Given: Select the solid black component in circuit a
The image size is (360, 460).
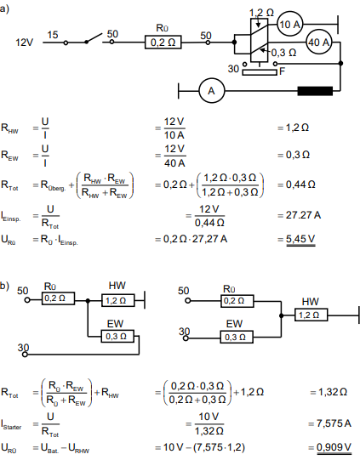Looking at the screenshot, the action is (315, 91).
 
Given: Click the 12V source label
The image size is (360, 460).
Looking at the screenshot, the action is (24, 43).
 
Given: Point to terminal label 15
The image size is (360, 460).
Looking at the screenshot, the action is (53, 35).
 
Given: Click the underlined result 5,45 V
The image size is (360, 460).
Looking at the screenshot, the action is (300, 240).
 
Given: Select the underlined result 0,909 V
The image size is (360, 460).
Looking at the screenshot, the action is (334, 448).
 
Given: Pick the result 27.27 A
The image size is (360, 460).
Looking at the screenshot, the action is (303, 215).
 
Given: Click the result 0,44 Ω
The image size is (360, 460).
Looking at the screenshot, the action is (300, 185).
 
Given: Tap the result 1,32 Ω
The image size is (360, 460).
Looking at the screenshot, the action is (333, 392).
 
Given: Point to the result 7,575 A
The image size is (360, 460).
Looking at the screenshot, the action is (334, 423).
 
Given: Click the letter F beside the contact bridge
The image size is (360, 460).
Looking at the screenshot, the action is (283, 71).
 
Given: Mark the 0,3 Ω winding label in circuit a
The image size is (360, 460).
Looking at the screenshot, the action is (283, 53).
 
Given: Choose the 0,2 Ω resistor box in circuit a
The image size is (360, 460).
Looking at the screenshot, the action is (163, 43).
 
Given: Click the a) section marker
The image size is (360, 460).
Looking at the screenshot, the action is (5, 9).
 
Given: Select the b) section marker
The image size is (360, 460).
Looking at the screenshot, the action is (5, 286).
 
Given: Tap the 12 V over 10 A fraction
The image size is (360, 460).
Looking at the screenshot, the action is (174, 128).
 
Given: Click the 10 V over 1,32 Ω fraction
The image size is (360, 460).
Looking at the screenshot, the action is (209, 423).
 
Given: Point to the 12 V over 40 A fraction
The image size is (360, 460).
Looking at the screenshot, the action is (174, 156).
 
